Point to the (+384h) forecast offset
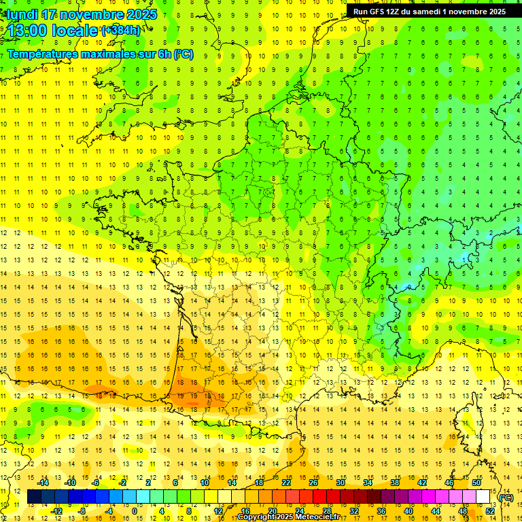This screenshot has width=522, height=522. coord(121,31)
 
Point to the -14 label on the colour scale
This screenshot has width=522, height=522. coord(43,483)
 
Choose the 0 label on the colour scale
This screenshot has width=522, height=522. coord(134,511)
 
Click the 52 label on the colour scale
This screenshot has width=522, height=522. coord(489,511)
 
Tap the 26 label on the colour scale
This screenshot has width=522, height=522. coord(313,483)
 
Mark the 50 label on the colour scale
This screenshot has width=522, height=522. coord(476,483)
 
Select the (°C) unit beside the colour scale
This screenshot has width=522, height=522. coord(506,498)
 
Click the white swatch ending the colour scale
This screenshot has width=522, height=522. coord(483,498)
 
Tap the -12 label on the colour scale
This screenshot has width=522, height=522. coord(56,511)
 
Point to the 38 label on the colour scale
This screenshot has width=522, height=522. coord(395,483)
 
